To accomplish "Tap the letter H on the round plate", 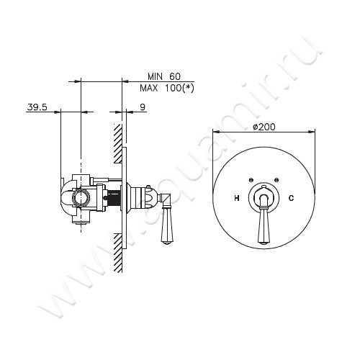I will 237,197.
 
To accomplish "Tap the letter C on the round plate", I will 292,197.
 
